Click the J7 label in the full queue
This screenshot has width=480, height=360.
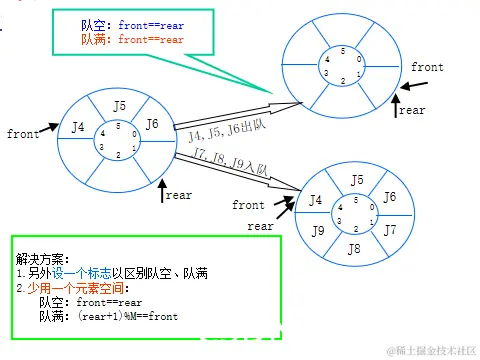coord(390,230)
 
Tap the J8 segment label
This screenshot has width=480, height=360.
coord(353,249)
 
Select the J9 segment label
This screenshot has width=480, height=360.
coord(318,232)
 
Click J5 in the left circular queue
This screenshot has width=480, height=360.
coord(119,105)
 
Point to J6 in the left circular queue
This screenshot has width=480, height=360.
coord(152,124)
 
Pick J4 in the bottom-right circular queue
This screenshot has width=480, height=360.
coord(316,200)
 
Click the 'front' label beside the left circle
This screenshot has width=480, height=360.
coord(23,133)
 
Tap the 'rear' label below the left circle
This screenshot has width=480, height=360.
coord(178,196)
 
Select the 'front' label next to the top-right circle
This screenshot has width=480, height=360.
coord(427,67)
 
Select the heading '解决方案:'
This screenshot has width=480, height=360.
coord(41,258)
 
